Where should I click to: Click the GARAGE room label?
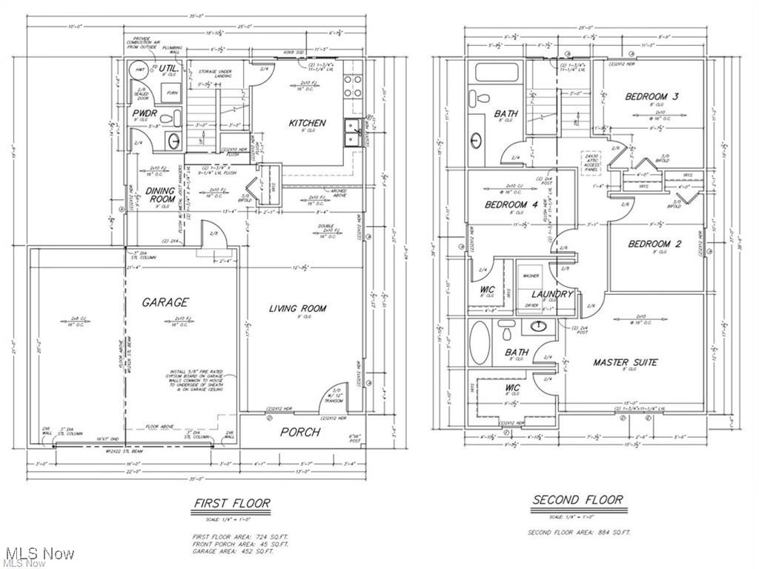[166, 302]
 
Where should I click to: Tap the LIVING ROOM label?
[297, 308]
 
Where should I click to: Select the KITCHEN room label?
[307, 123]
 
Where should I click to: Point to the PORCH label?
[300, 432]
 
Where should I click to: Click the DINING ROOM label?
[162, 195]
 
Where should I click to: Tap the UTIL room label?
[169, 69]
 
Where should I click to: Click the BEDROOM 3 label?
[652, 96]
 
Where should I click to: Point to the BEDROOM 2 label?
[654, 244]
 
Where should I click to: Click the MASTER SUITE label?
[625, 362]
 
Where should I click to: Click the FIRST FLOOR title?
[231, 503]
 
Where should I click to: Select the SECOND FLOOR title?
[577, 500]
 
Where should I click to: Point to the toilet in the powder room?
[166, 116]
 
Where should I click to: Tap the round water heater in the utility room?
[138, 71]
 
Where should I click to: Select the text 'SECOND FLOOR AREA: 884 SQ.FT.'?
[578, 533]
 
